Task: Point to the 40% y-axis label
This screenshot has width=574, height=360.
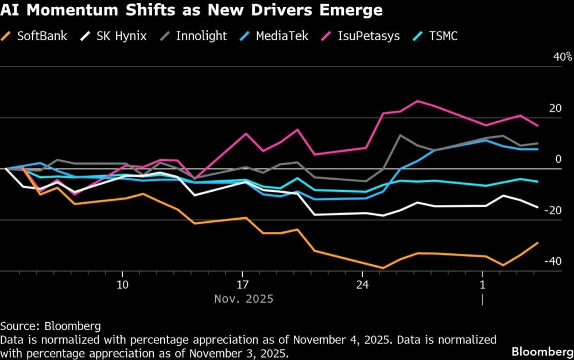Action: (562, 57)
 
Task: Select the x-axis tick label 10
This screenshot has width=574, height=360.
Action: (122, 285)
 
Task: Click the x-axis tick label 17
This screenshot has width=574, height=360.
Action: (242, 285)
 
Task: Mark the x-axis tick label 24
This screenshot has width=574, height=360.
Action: (362, 285)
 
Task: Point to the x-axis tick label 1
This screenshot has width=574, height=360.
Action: (483, 285)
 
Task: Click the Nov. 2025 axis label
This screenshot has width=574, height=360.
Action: (243, 299)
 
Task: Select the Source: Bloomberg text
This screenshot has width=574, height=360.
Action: (51, 326)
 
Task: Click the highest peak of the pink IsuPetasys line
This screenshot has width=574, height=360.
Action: (417, 101)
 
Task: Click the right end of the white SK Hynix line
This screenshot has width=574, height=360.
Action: (538, 207)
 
